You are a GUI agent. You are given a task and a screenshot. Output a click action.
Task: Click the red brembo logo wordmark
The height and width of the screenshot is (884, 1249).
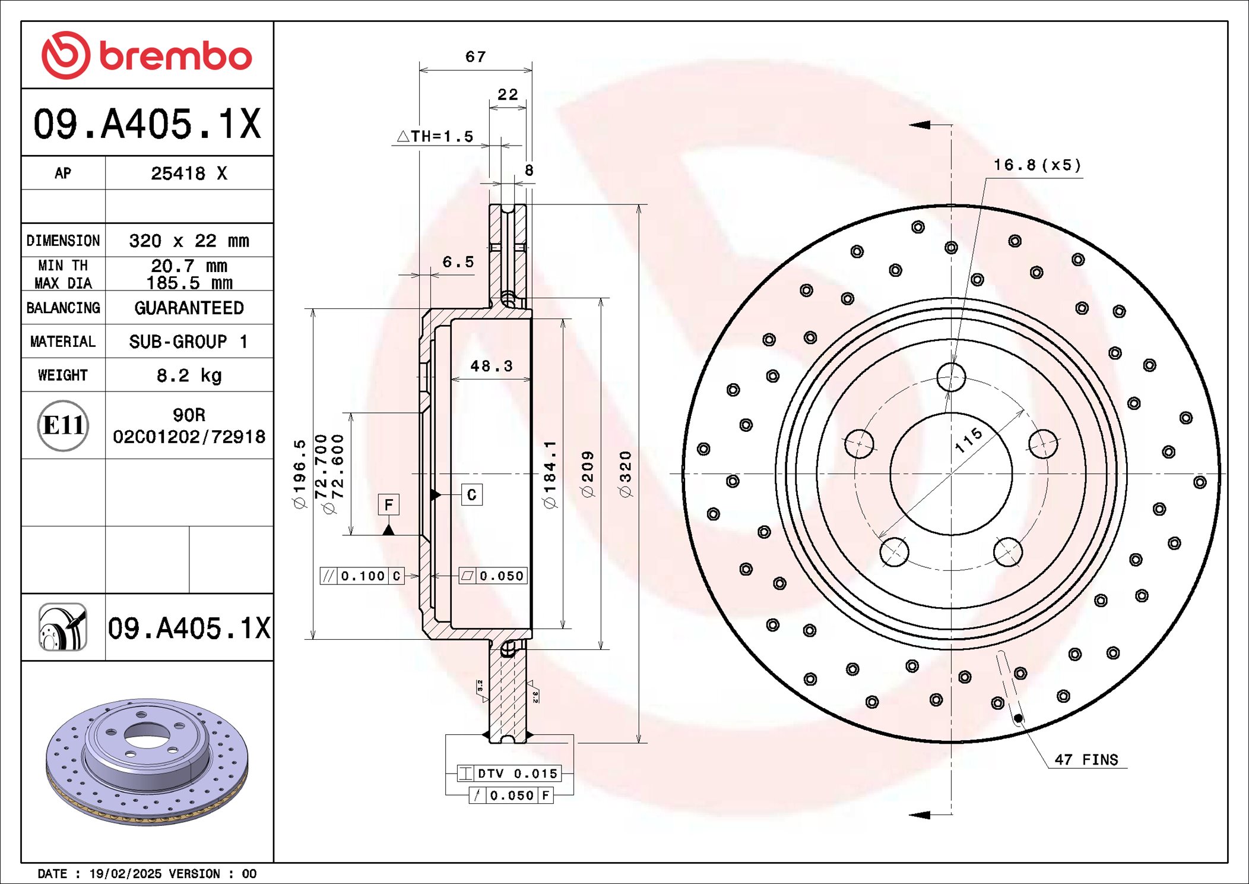tap(175, 56)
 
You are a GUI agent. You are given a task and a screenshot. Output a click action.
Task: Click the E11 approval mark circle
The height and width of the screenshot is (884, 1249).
tap(63, 425)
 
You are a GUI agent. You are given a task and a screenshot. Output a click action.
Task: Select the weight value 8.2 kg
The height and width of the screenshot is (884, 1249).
tap(189, 375)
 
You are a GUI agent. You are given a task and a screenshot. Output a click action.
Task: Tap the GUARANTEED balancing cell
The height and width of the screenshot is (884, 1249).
tap(189, 308)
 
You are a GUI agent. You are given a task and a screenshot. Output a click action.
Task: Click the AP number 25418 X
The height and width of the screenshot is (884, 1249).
tap(189, 173)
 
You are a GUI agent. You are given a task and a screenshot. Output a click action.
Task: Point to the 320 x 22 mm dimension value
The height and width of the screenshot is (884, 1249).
tap(189, 241)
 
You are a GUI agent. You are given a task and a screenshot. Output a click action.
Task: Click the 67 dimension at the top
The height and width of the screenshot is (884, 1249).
tap(475, 57)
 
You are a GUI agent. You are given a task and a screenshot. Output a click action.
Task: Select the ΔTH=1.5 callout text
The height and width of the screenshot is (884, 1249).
tap(435, 137)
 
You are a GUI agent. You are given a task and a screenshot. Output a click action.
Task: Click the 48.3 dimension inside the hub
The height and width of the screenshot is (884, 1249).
tap(491, 366)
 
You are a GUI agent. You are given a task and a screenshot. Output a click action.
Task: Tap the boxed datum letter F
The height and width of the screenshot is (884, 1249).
tap(388, 504)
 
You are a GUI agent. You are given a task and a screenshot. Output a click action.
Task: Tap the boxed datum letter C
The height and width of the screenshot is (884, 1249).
tap(471, 494)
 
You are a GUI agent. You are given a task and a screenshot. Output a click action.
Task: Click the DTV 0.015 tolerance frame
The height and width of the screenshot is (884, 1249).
tap(509, 773)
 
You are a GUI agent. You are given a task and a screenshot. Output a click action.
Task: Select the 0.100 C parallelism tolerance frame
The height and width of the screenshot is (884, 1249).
tap(362, 576)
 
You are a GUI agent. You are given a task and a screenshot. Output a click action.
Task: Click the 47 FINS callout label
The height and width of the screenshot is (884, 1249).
tap(1086, 760)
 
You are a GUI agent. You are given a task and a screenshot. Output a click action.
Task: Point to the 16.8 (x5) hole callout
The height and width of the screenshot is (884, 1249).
tap(1037, 165)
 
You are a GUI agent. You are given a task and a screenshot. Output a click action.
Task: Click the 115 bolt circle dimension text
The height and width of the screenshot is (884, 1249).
tap(968, 440)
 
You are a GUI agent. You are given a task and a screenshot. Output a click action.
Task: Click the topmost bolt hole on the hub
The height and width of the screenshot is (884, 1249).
tap(951, 377)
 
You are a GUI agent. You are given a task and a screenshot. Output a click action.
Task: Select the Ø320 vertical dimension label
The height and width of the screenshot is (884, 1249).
tap(625, 473)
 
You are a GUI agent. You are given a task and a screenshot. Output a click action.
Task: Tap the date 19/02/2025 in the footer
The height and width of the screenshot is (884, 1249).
tap(125, 874)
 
